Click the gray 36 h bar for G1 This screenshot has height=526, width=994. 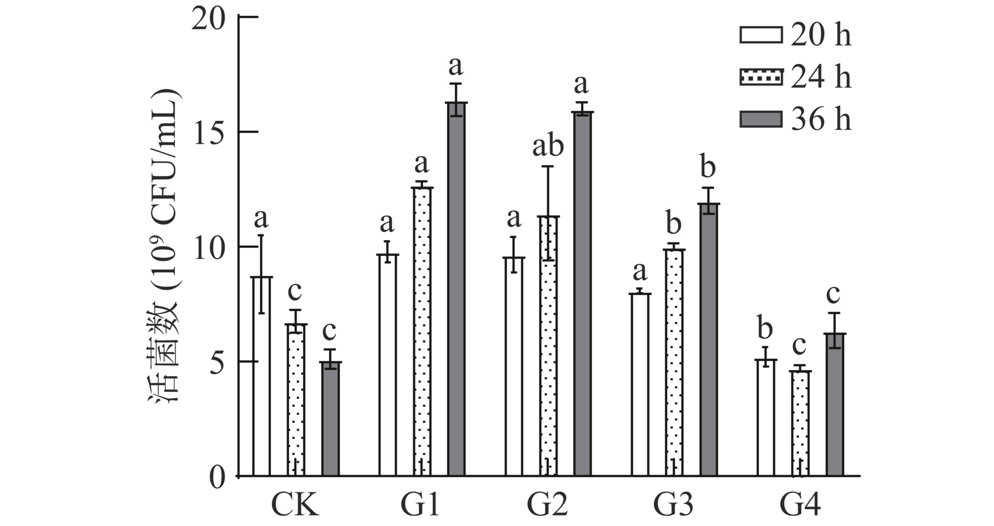click(456, 289)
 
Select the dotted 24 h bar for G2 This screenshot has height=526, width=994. click(548, 347)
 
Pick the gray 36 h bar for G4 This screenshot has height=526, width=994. click(834, 405)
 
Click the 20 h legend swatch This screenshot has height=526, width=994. click(760, 35)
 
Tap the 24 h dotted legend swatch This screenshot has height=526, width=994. click(760, 77)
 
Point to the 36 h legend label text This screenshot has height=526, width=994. click(821, 120)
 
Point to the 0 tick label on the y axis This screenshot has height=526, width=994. click(217, 477)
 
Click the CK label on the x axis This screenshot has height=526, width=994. click(295, 506)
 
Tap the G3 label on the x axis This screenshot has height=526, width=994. click(673, 506)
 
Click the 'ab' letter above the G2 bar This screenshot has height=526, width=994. click(548, 146)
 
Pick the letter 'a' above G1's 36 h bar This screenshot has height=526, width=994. click(455, 66)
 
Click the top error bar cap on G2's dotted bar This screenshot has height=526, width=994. click(548, 167)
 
